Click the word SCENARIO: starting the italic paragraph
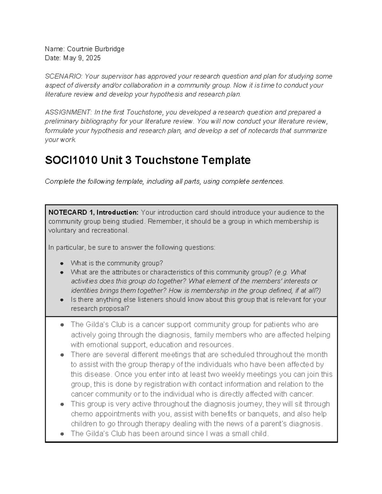pos(64,76)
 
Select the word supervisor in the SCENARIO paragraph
pos(117,76)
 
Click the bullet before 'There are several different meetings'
pos(62,355)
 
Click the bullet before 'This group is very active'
pos(62,404)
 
